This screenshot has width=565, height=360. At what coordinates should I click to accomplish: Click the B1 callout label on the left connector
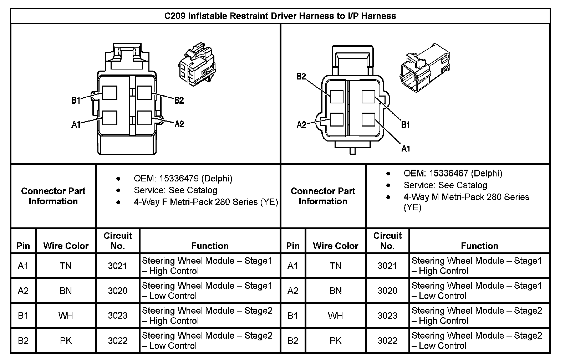coord(76,101)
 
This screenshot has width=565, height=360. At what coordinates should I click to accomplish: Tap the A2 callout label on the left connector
coord(179,124)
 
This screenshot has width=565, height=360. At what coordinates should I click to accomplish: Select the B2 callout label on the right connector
coord(301,76)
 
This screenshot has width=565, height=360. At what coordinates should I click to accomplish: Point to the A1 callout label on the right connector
coord(406,148)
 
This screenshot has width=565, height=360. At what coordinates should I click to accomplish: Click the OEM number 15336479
coord(177,178)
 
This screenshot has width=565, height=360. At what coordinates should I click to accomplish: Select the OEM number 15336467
coord(447,173)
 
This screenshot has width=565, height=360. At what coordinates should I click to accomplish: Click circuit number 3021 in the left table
coord(118,266)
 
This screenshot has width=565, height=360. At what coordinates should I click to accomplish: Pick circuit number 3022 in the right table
coord(387,341)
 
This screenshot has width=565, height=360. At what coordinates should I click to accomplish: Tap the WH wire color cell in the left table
coord(66,316)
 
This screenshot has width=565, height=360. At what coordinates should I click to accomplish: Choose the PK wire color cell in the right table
coord(336,341)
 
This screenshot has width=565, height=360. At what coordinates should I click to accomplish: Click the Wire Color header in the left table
coord(66,246)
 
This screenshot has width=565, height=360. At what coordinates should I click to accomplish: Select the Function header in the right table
coord(479,246)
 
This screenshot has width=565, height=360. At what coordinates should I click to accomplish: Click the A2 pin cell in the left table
coord(23,291)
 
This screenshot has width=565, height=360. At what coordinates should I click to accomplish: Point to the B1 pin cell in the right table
coord(293,316)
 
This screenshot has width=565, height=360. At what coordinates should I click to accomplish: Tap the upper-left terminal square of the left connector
coord(110,93)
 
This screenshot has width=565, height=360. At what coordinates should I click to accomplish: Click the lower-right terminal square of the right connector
coord(368,120)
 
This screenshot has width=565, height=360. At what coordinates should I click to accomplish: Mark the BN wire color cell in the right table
coord(336,291)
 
